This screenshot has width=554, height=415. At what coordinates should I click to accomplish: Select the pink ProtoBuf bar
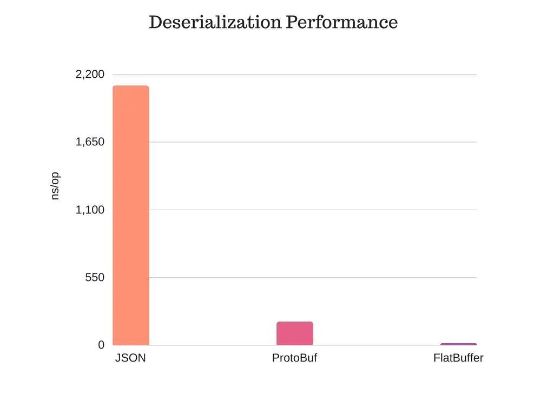tap(294, 333)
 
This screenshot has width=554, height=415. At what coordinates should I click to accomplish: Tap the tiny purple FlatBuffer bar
tap(458, 344)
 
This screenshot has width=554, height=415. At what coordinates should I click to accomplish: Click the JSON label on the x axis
tap(130, 358)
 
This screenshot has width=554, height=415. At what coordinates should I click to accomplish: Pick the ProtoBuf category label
tap(294, 358)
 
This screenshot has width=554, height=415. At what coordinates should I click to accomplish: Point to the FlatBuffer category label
tap(458, 358)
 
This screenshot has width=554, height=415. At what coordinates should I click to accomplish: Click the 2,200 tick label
tap(90, 75)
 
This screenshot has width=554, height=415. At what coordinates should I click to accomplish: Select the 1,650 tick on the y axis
tap(90, 142)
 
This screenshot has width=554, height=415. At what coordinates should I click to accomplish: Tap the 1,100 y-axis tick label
tap(90, 210)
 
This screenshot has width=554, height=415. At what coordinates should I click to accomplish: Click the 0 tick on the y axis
tap(101, 345)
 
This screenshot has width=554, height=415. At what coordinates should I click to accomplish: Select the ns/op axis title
tap(55, 186)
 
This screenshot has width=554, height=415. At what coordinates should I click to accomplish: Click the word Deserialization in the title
tap(215, 23)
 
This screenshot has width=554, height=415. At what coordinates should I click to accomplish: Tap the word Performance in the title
tap(342, 23)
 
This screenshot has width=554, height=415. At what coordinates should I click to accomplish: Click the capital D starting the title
tap(155, 23)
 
